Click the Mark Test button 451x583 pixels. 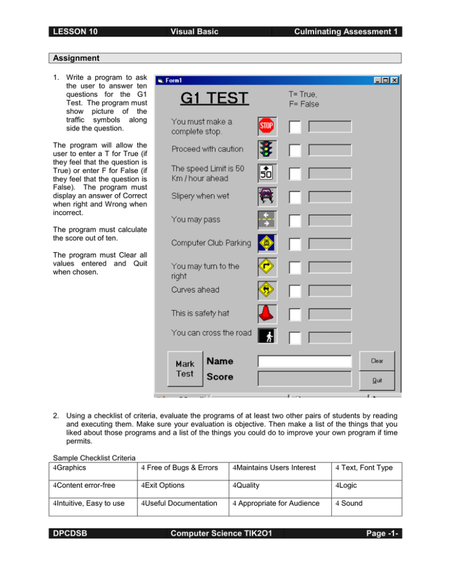tap(185, 369)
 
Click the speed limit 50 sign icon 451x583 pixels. tap(267, 173)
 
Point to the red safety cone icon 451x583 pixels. tap(267, 312)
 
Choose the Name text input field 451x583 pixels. tap(305, 361)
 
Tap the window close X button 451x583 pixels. tap(394, 80)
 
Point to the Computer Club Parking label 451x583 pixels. tap(211, 242)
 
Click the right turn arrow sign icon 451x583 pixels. tap(267, 266)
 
